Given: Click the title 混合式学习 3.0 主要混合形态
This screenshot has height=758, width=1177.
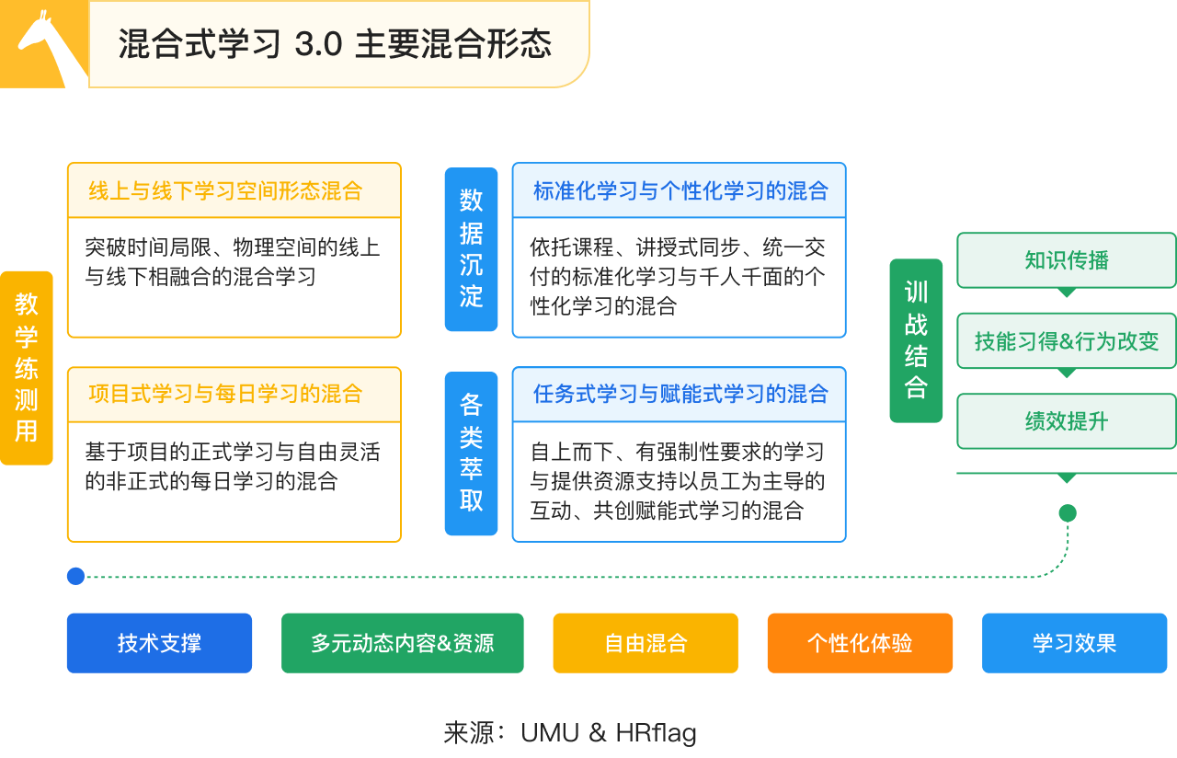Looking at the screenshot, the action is (335, 43).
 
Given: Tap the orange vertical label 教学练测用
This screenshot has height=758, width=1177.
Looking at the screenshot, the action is (27, 368).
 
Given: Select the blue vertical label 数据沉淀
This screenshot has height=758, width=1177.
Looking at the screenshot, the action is (471, 249).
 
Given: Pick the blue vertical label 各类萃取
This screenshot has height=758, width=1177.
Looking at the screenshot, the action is (471, 454).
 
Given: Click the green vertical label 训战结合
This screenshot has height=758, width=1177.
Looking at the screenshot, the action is (916, 340).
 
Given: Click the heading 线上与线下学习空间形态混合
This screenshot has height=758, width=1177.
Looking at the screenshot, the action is (225, 190).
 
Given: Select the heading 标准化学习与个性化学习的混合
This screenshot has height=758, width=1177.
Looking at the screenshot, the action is (680, 190).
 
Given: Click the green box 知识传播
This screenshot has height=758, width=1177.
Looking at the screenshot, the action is (1066, 260).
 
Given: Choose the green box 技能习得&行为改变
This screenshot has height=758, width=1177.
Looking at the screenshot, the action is (1066, 341).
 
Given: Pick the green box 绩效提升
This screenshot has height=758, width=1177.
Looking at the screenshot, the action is (1066, 421).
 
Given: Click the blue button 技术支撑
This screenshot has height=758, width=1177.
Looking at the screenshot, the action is (159, 643).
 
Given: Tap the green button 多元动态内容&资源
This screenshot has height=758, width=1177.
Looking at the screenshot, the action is (403, 643).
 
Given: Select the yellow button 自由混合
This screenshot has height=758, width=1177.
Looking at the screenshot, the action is (646, 643).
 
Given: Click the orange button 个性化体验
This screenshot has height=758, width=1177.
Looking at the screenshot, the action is (860, 643).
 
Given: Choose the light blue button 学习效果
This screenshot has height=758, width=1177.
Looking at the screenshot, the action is (1075, 643).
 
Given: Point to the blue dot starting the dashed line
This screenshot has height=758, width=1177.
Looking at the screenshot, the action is (75, 576).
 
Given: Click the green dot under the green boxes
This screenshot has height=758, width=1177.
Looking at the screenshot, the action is (1068, 513).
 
